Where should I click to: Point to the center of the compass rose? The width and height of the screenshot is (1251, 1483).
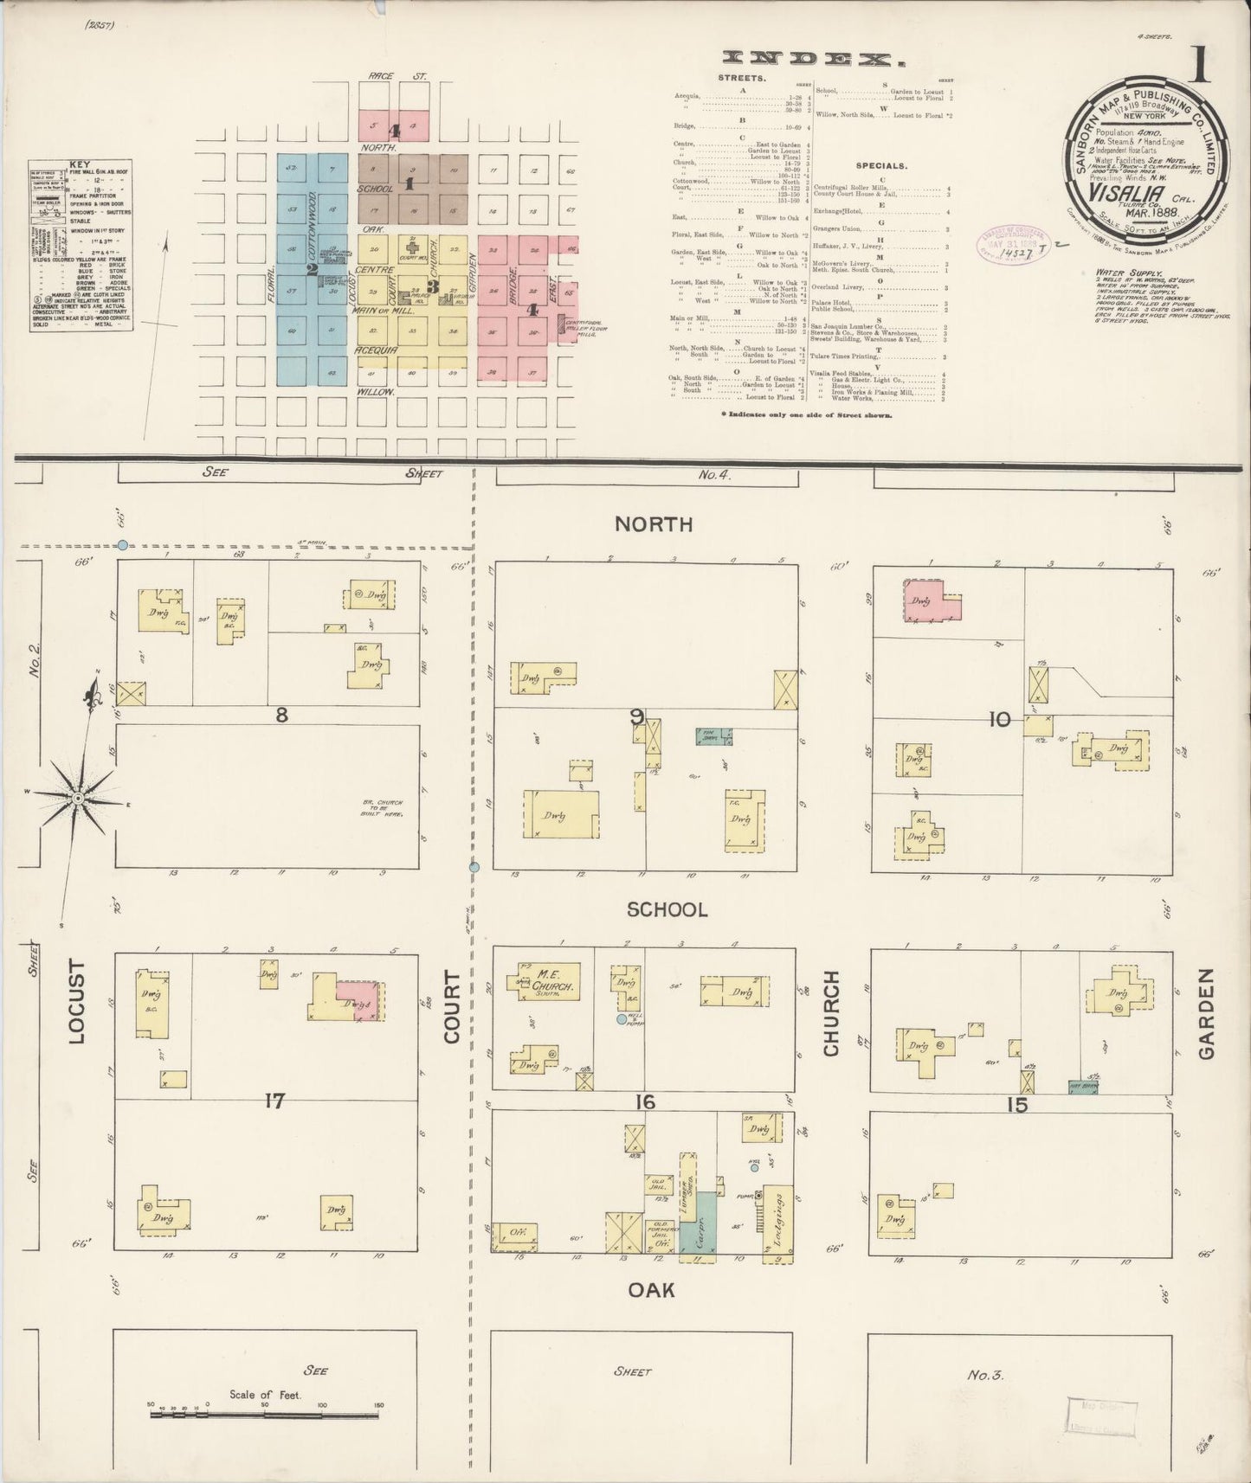(x=78, y=797)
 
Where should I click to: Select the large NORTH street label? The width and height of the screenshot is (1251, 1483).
(x=654, y=524)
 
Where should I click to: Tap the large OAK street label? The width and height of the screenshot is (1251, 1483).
(x=651, y=1290)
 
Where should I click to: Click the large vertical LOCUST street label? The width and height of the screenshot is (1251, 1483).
(x=78, y=1001)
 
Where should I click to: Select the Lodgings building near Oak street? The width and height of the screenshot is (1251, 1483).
(x=777, y=1223)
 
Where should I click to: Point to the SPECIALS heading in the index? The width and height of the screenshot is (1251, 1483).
(x=881, y=164)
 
